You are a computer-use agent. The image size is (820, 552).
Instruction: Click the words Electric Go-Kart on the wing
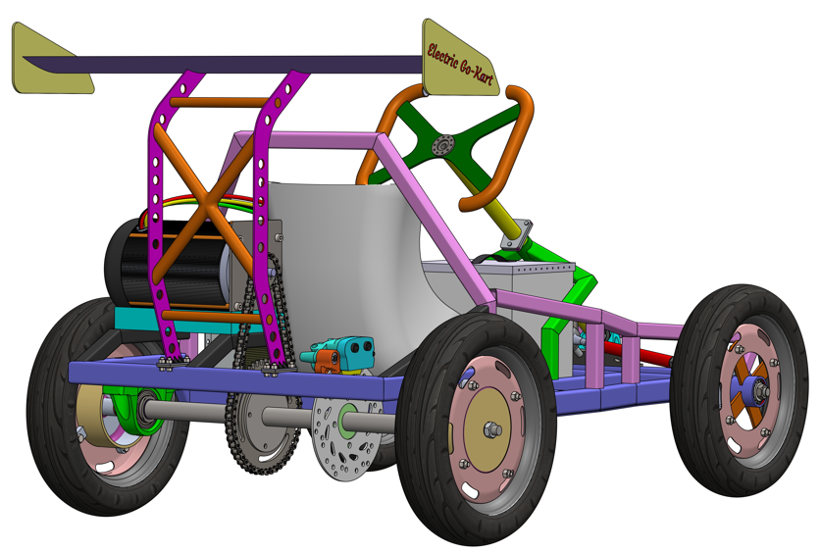[x=460, y=64]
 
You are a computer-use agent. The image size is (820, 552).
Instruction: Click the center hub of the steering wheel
[x=444, y=144]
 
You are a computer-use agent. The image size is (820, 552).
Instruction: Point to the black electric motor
[x=168, y=264]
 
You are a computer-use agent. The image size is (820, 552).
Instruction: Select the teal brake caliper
[x=340, y=351]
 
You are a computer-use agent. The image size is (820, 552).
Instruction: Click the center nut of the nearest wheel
[x=491, y=429]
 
